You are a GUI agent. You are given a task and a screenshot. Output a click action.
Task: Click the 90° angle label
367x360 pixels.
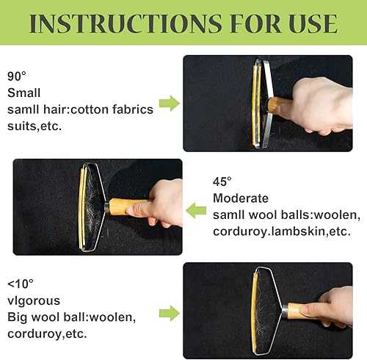(17, 76)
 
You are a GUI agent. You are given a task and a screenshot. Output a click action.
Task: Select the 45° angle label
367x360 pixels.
(222, 181)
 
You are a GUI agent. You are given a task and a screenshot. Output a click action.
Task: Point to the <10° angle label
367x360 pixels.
(21, 284)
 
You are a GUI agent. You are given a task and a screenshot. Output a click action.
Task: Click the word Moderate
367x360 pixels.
(241, 198)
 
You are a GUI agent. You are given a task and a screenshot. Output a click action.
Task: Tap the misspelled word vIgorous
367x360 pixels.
(34, 301)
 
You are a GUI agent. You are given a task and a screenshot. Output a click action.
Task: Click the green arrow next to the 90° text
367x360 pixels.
(170, 103)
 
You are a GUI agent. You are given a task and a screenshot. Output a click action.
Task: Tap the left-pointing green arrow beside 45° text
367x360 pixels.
(196, 210)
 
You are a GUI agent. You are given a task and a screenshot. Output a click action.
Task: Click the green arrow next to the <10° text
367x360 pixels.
(170, 313)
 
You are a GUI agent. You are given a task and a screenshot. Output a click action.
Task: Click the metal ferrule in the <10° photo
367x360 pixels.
(285, 312)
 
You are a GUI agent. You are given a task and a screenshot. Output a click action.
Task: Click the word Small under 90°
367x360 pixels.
(24, 93)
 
